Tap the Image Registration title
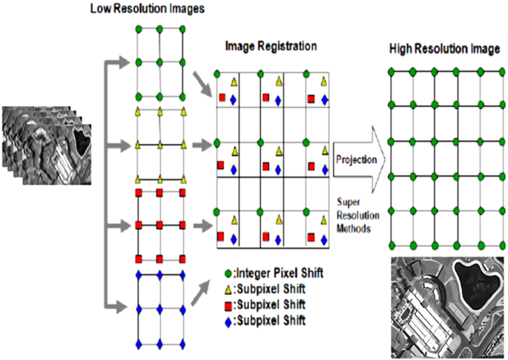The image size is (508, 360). (271, 46)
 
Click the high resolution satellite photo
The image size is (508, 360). (447, 307)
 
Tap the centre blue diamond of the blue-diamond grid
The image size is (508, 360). (160, 304)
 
